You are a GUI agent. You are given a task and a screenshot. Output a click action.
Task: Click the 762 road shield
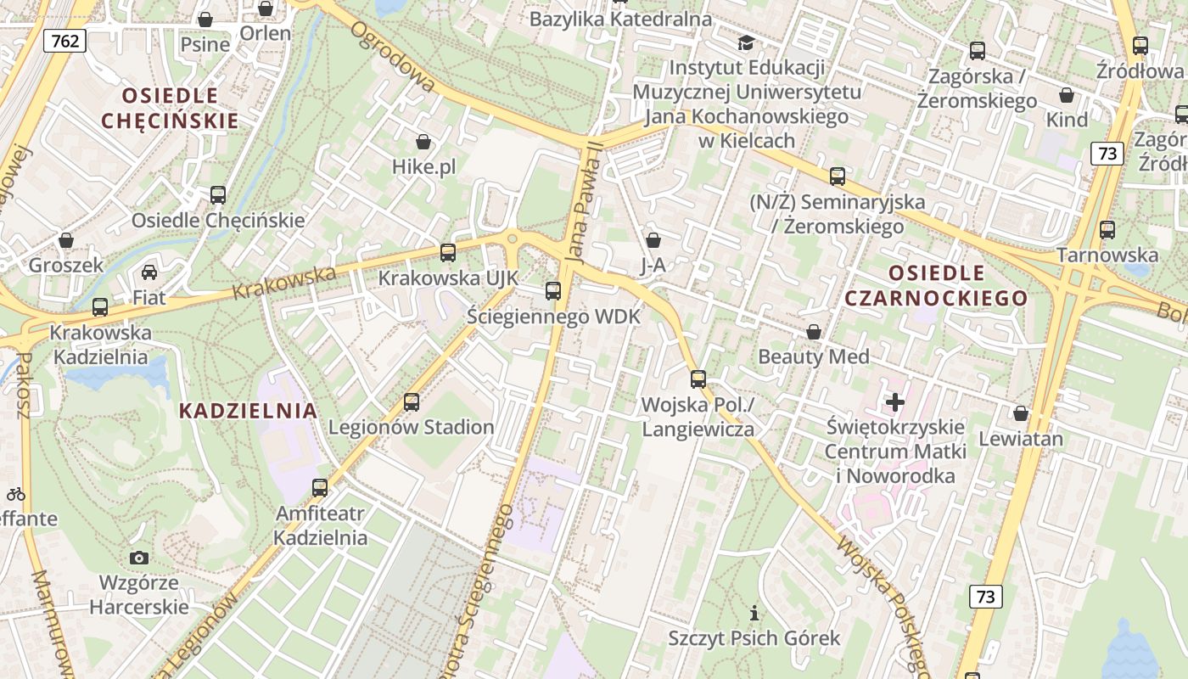coord(65,41)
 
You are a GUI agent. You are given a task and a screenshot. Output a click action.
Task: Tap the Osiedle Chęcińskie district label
coord(170,108)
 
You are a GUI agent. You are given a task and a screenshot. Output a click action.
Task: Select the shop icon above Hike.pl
coord(423,142)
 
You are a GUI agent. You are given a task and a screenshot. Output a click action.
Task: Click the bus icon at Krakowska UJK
coord(447,252)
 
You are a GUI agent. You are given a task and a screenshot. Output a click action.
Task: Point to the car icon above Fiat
coord(149,272)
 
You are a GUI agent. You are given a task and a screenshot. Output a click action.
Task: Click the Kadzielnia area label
coord(249,411)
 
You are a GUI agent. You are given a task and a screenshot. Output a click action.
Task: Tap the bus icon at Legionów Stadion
coord(412,401)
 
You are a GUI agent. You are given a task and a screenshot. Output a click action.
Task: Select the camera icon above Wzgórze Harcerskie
coord(139,558)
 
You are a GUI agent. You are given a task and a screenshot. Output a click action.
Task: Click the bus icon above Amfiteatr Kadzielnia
coord(320,487)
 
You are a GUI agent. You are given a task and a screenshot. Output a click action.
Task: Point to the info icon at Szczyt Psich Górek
coord(754,612)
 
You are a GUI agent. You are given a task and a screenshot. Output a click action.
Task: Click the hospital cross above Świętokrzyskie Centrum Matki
coord(895,401)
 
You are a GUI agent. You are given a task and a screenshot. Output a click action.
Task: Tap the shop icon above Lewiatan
coord(1021,413)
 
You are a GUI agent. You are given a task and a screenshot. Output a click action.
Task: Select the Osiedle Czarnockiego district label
coord(936,286)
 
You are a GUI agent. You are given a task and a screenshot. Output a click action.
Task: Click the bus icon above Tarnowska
coord(1107,229)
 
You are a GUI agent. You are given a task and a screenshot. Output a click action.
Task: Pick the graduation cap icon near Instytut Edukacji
coord(746,42)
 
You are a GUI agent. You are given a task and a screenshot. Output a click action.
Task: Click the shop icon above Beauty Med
coord(814,332)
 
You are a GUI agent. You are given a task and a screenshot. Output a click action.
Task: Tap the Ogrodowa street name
coord(393,58)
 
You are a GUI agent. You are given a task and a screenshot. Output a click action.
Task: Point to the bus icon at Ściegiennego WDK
coord(553,291)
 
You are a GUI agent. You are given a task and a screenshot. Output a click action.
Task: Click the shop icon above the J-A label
coord(653,241)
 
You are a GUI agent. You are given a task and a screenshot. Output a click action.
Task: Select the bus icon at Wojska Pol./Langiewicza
coord(698,379)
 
